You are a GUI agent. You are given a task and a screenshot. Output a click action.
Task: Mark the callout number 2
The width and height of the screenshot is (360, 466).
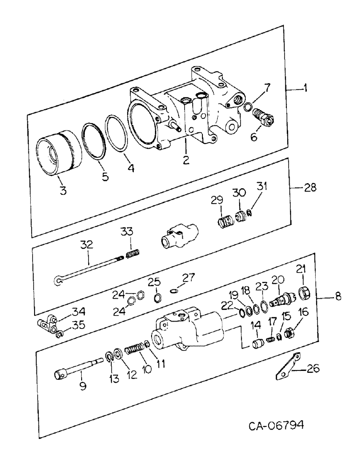tap(186, 160)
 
